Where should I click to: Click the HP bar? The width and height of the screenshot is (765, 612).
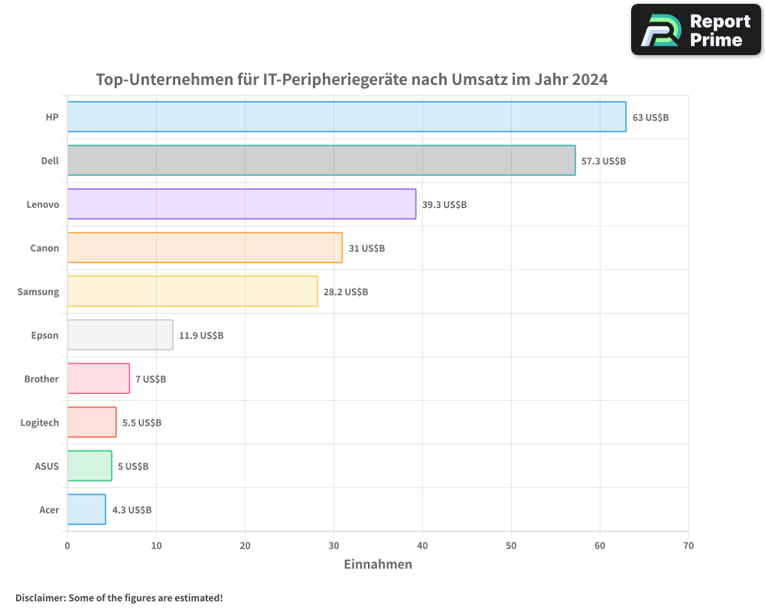[x=347, y=117]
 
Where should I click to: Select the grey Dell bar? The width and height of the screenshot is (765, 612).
[x=321, y=161]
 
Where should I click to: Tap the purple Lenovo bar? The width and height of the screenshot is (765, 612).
[x=242, y=204]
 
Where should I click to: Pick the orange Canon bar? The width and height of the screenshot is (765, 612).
[x=205, y=248]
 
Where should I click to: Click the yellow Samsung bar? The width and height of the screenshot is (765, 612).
[x=192, y=291]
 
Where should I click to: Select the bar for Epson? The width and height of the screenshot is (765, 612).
[x=120, y=335]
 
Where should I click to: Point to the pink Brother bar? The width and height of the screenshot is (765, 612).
[x=99, y=379]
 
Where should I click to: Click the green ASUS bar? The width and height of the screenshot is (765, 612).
[x=90, y=466]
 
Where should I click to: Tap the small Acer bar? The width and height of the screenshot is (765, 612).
[x=86, y=509]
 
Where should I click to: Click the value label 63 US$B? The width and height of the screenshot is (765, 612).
[x=650, y=118]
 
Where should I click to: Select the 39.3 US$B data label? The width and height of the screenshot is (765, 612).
[x=444, y=205]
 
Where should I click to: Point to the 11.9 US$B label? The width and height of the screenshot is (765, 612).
[x=201, y=336]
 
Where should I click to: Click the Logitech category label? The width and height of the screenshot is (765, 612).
[x=40, y=423]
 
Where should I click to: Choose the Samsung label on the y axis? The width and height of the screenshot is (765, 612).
[x=38, y=292]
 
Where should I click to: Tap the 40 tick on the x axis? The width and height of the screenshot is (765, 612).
[x=422, y=546]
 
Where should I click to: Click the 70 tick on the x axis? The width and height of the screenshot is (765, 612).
[x=688, y=546]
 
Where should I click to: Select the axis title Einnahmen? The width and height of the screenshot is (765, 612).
[x=378, y=565]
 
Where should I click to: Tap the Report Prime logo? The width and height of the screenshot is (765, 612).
[x=696, y=30]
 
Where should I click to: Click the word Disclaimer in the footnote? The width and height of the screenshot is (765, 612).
[x=39, y=597]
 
